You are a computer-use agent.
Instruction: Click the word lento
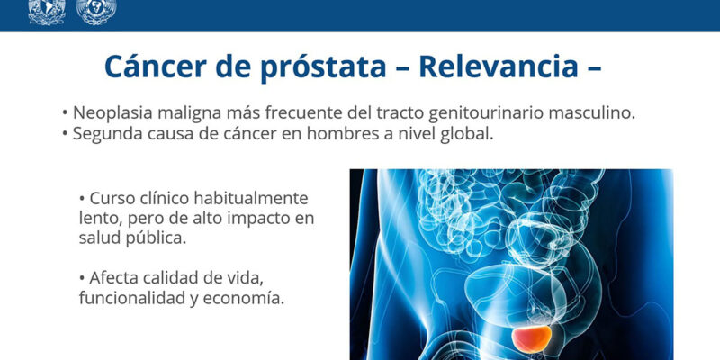coord(101,219)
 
